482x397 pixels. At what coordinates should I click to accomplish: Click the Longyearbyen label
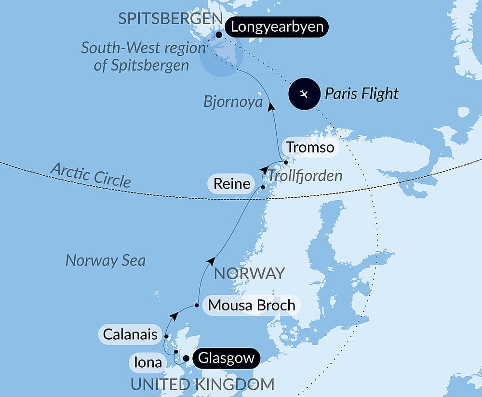tap(277, 26)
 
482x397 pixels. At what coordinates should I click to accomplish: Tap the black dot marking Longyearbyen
tap(219, 35)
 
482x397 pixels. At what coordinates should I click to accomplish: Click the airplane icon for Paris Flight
tap(304, 93)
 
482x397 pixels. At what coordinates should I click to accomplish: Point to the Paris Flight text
tap(361, 93)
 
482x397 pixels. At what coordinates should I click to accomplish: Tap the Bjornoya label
tap(233, 102)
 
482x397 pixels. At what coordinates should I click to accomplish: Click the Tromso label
tap(309, 147)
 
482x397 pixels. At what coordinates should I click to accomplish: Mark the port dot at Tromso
tap(286, 162)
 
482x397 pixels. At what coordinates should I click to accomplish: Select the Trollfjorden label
tap(305, 176)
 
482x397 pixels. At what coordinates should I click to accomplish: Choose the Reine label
tap(233, 183)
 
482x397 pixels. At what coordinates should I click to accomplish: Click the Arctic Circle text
tap(91, 174)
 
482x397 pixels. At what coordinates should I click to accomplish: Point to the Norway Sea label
tap(105, 260)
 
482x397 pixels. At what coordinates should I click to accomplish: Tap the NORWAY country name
tap(249, 273)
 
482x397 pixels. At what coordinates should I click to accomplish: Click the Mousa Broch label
tap(251, 305)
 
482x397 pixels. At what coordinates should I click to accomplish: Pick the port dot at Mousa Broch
tap(197, 305)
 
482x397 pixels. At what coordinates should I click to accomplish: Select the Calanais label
tap(130, 334)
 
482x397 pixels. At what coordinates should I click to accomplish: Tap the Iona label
tap(148, 362)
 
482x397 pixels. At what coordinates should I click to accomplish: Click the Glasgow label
tap(226, 359)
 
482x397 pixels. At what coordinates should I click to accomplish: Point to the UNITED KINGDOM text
tap(202, 384)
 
